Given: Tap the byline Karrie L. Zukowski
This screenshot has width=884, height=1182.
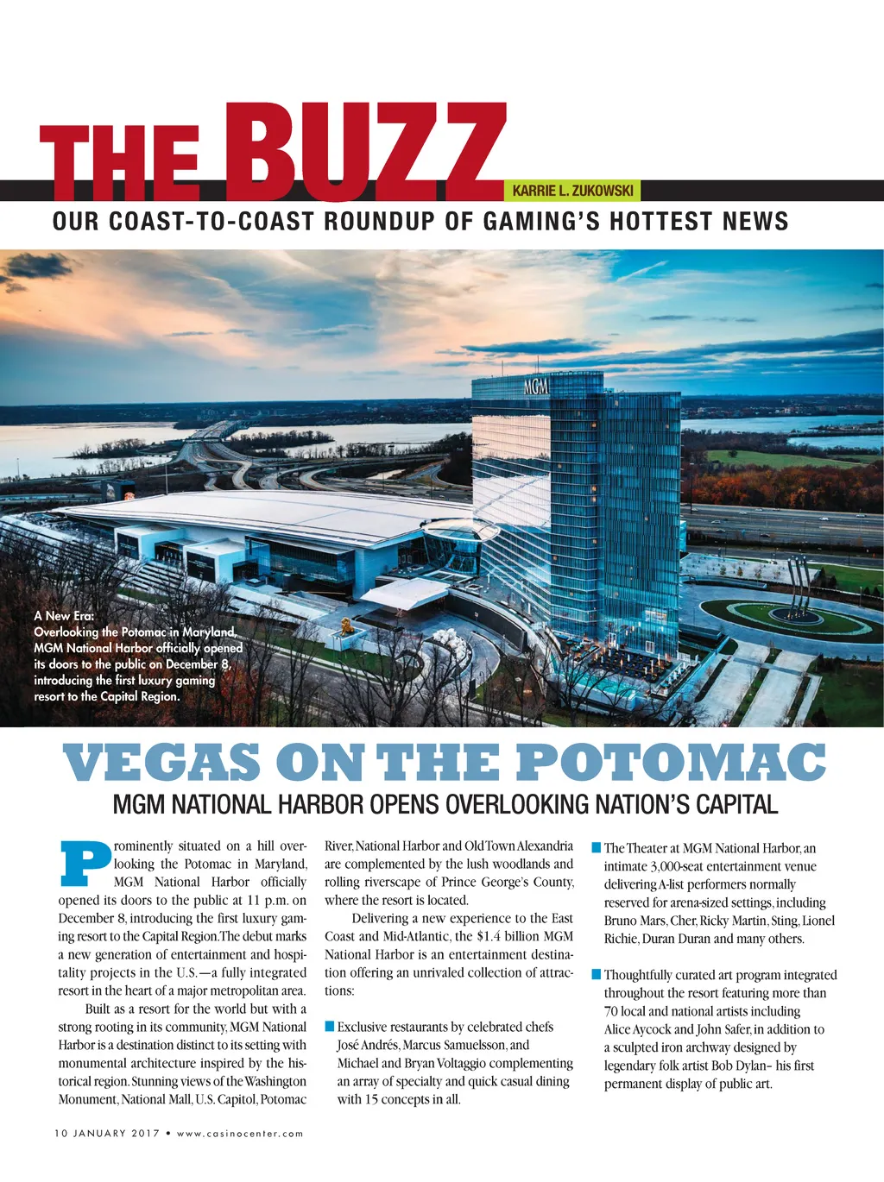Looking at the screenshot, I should [x=572, y=191].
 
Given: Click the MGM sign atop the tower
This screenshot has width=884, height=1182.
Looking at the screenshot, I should [x=536, y=387].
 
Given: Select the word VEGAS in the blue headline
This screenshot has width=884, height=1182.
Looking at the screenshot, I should [x=161, y=763].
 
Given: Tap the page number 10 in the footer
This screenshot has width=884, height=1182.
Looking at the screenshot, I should [x=60, y=1133].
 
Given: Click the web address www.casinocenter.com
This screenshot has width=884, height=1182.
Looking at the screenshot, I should [x=240, y=1133].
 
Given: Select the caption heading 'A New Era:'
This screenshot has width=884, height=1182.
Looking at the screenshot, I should [x=65, y=615].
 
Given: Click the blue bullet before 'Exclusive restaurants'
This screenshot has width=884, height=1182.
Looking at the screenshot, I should [x=329, y=1027].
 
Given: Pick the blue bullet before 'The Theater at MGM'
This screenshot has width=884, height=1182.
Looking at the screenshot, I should [x=596, y=848].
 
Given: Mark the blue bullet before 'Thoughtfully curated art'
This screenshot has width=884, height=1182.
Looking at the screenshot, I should [x=596, y=975].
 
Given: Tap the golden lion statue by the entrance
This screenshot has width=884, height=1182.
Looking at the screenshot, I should [x=346, y=626].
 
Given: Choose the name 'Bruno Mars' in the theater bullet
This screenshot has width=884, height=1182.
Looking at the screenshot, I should [x=635, y=921].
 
